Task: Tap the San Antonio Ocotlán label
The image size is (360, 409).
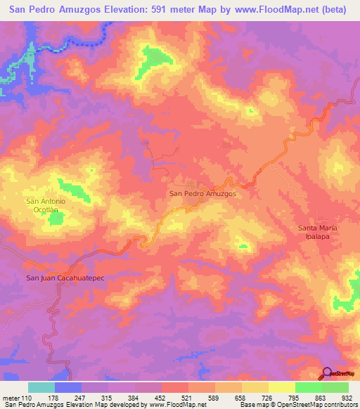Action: coord(46,205)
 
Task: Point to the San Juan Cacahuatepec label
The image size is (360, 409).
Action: coord(65,278)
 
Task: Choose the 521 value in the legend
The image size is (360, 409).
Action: coord(188,397)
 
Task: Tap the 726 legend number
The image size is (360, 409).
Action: coord(268,397)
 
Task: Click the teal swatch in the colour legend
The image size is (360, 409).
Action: coord(41,387)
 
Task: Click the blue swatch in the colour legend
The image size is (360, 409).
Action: coord(68,387)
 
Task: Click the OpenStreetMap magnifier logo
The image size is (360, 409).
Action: coord(327,373)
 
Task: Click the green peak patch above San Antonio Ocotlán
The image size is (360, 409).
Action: coord(70,188)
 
